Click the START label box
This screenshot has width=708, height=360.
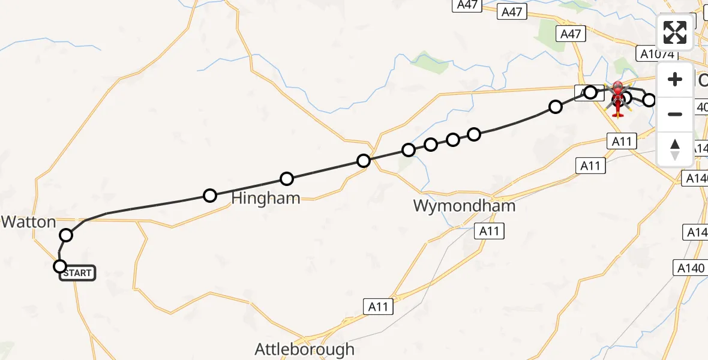click(77, 273)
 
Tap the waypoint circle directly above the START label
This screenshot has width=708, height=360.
click(60, 266)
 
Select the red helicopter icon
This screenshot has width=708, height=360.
click(618, 97)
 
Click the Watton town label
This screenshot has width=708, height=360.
click(28, 222)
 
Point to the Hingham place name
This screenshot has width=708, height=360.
click(265, 199)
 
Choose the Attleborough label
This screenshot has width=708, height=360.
click(304, 349)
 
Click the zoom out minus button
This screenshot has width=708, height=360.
click(675, 114)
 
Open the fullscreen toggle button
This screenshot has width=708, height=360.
click(675, 32)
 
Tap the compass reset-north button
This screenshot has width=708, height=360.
click(675, 149)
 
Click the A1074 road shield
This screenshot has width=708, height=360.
click(657, 54)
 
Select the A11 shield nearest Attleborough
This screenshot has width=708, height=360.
click(378, 307)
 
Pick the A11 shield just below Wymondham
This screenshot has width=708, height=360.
click(489, 231)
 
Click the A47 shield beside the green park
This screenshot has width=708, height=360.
click(570, 34)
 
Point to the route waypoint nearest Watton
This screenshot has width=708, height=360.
click(66, 235)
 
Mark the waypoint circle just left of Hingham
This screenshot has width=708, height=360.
click(210, 195)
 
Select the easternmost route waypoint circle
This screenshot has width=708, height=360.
click(649, 100)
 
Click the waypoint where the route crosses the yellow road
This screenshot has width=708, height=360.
click(364, 160)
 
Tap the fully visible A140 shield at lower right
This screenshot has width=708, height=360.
click(690, 268)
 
